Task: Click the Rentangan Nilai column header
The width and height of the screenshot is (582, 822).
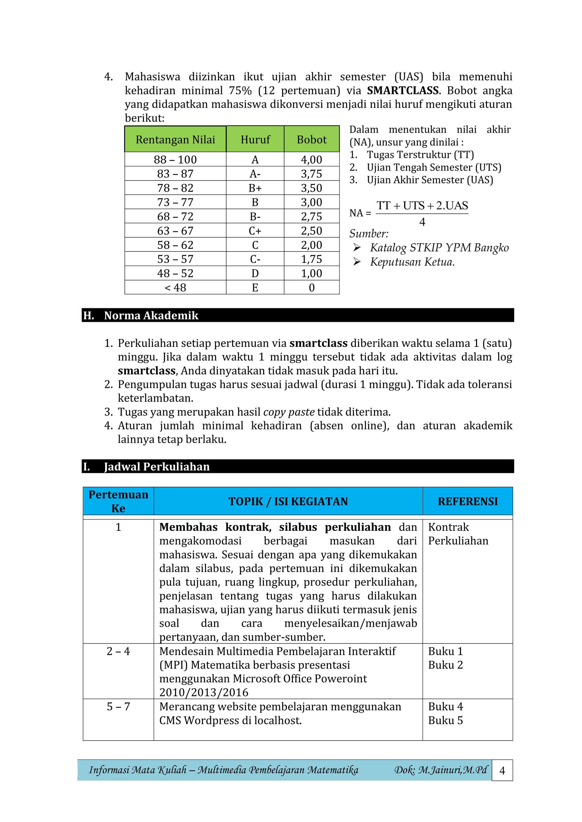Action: click(175, 139)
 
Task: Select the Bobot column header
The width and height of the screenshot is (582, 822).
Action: click(311, 139)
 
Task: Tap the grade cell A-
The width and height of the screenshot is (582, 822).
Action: click(255, 174)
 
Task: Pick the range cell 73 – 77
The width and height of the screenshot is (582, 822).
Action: click(175, 202)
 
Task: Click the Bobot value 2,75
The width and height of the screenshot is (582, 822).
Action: click(311, 216)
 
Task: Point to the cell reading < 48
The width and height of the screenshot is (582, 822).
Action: click(175, 288)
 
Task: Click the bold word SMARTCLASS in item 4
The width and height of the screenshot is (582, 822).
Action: click(402, 91)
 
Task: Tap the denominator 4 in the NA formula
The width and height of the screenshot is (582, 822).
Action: click(422, 222)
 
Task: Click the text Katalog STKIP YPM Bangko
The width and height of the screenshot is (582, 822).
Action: click(439, 248)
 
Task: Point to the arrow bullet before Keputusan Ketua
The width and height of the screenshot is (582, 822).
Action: click(357, 262)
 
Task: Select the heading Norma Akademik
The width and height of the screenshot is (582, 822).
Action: click(151, 315)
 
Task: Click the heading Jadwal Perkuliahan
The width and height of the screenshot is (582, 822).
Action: click(157, 467)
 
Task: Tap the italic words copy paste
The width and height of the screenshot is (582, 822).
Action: click(289, 412)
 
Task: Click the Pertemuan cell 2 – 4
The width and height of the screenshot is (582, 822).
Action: click(118, 651)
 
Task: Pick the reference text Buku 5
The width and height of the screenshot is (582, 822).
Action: click(446, 720)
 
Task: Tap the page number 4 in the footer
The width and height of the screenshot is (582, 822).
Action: click(502, 770)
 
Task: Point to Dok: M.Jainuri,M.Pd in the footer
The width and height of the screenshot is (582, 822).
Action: click(440, 770)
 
